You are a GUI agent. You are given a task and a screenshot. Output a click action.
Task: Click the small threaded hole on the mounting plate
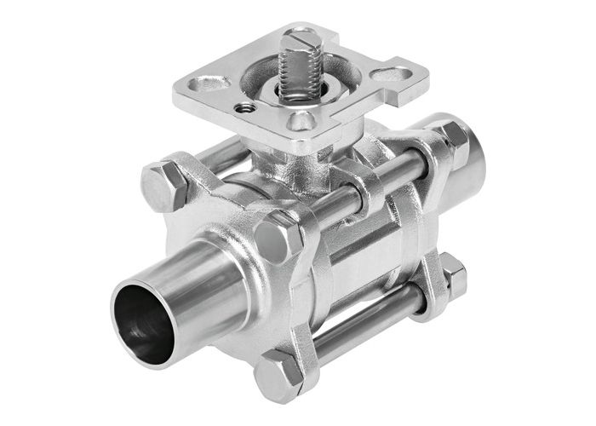(x=245, y=107)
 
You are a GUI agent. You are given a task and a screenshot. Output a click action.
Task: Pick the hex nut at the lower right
(x=452, y=276)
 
